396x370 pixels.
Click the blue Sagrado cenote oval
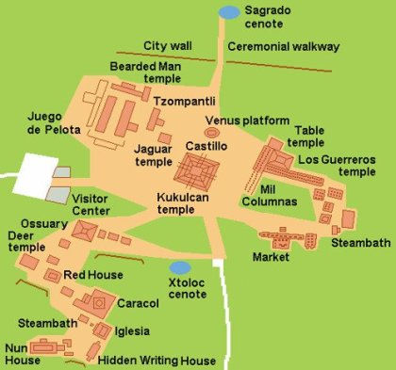[229, 11]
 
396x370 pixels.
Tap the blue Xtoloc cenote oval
[179, 267]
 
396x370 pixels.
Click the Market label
[272, 257]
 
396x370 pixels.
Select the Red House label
[91, 276]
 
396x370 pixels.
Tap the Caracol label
[139, 304]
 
